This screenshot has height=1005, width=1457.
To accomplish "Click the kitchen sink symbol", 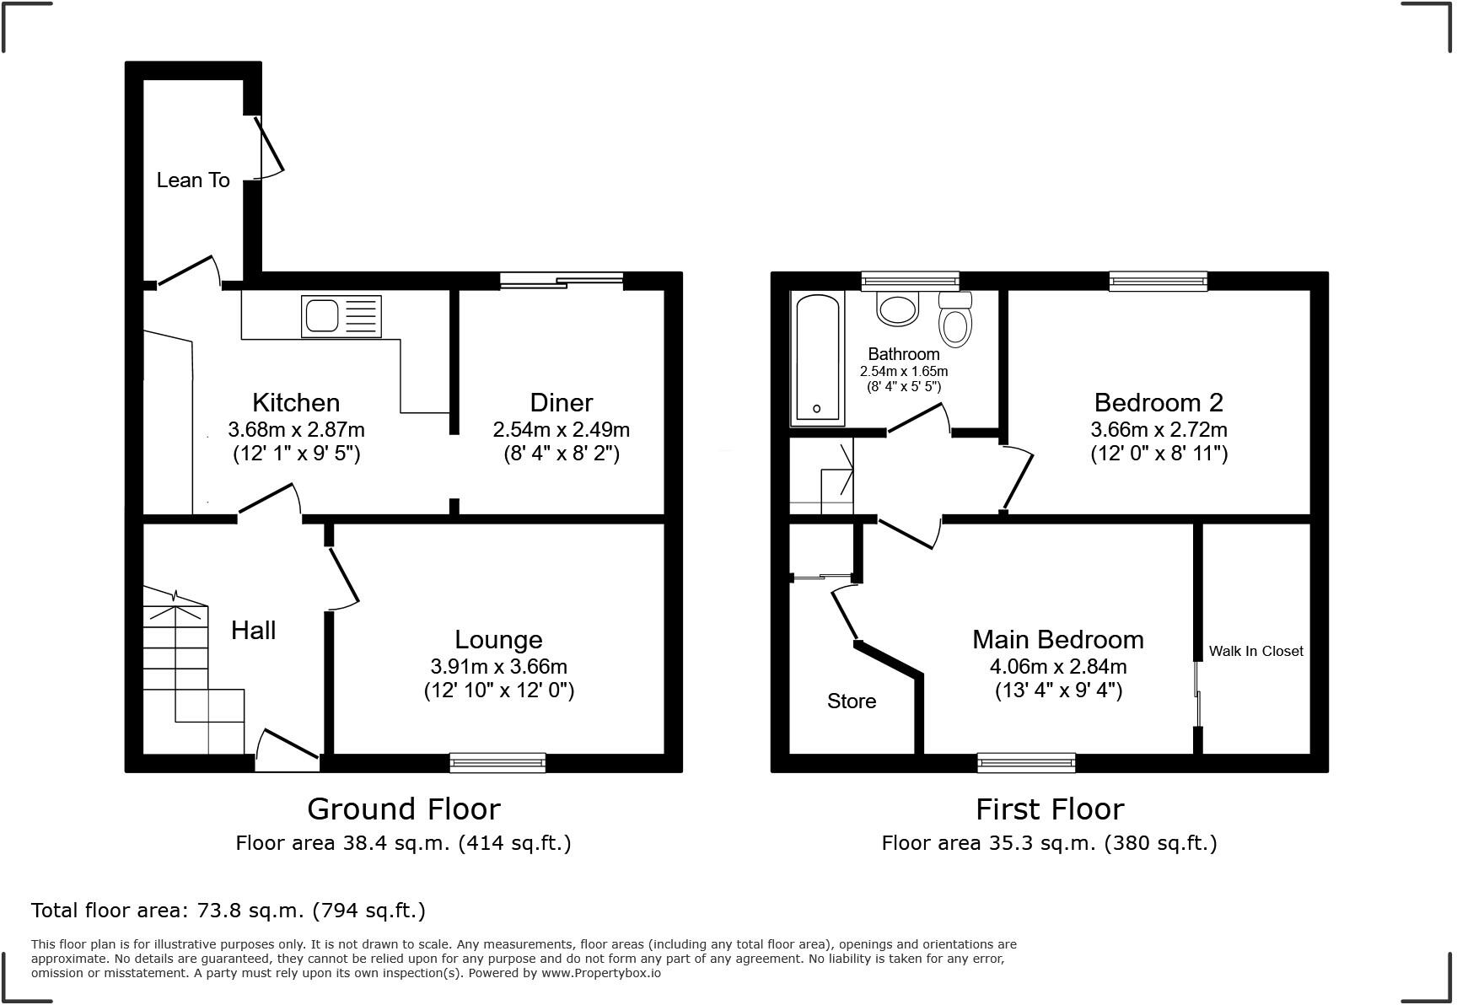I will coord(341,316).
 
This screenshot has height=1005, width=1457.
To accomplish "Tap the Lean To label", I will coord(193,180).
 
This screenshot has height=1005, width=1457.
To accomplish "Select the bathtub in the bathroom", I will coord(816,357).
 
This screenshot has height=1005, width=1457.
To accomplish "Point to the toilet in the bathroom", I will coord(955,320).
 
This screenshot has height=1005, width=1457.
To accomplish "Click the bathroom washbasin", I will coord(897,309).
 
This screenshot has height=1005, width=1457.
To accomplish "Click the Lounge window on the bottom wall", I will coord(497,762).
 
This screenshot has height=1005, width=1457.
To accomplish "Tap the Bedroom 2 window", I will coord(1158,281).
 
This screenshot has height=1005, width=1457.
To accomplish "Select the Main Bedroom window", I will coord(1026,762).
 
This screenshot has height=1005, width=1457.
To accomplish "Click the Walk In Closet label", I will coord(1255,651).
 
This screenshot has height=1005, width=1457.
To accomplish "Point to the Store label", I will coord(851,701).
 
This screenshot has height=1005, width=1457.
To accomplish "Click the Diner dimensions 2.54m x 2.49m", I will coord(561,429).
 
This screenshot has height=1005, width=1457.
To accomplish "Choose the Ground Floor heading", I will coord(403,809).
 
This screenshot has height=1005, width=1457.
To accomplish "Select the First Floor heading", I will coord(1049,809).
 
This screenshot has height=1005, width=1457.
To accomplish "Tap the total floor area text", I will coord(228,911).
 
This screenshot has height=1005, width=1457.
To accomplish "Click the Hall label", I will coord(253,631).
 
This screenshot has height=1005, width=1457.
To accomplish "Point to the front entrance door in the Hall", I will coord(288,750).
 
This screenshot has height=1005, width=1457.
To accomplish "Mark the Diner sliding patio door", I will coord(562,280).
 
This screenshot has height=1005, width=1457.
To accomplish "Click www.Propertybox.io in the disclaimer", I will coord(600,973).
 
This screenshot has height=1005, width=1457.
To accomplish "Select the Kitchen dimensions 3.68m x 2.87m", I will coord(296,429).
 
